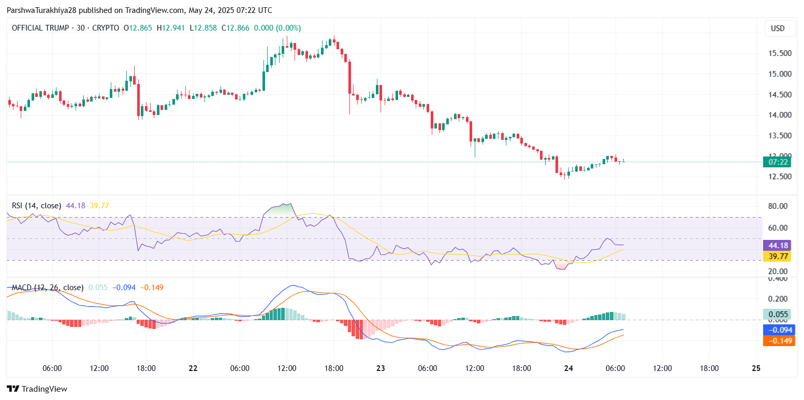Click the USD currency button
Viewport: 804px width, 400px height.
coord(778,28)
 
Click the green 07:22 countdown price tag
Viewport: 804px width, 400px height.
coord(779,162)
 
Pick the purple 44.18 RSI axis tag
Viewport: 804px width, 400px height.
coord(779,246)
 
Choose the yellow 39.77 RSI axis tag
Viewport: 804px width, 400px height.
coord(779,256)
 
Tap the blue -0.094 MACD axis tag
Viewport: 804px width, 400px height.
coord(779,330)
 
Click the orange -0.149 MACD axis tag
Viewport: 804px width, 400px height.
coord(779,340)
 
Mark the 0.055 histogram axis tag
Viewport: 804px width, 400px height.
coord(779,315)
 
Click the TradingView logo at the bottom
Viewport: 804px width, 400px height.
coord(37,389)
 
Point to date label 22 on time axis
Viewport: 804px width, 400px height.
coord(193,368)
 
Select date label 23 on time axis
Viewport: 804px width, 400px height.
coord(381,368)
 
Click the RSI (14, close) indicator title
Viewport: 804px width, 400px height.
coord(36,206)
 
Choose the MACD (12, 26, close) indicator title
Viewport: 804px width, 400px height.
coord(48,287)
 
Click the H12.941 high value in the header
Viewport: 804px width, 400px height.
coord(171,28)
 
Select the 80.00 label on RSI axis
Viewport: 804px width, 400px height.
coord(778,206)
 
